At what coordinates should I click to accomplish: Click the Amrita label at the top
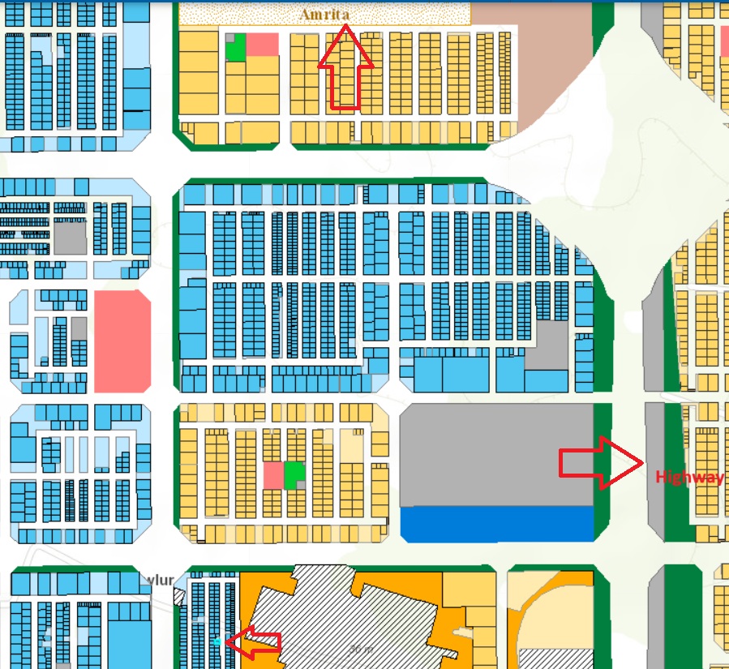tap(325, 15)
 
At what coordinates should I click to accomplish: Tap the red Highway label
tap(689, 478)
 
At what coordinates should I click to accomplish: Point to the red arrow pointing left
tap(253, 642)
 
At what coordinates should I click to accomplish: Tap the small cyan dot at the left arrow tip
tap(217, 642)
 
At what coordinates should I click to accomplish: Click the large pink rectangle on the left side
tap(122, 341)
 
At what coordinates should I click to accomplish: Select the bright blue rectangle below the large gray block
tap(497, 524)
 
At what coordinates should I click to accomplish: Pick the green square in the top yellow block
tap(235, 49)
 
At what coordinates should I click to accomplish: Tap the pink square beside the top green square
tap(262, 45)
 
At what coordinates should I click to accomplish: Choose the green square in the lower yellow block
tap(294, 474)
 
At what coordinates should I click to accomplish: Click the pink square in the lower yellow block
tap(273, 475)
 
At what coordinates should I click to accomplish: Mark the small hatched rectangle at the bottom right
tap(555, 658)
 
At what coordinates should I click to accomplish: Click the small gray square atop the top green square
tap(229, 37)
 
